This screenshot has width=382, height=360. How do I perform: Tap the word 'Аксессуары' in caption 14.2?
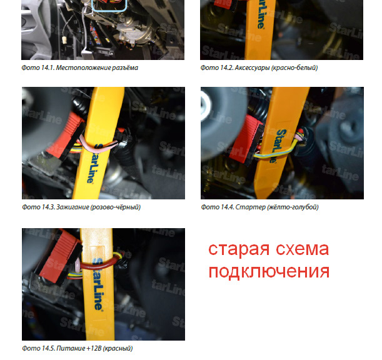pos(252,67)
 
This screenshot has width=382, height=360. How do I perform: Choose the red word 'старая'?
pos(239,249)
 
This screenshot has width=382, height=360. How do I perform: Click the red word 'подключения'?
pos(269,271)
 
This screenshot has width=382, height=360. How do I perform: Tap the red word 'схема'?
pos(303,249)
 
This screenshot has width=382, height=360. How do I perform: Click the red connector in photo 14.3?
pos(66,134)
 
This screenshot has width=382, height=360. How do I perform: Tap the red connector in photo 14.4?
pos(246,139)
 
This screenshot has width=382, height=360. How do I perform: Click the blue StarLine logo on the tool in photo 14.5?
pos(98,284)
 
